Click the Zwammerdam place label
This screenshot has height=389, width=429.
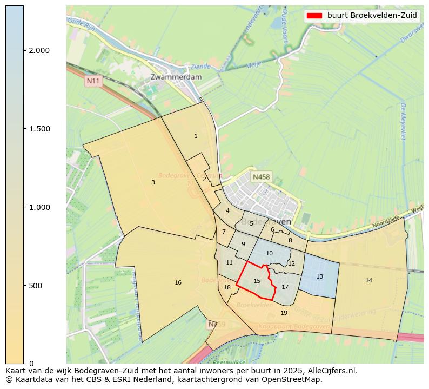pos(176,77)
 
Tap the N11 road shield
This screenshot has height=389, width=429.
pos(93,81)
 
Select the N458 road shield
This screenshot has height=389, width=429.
pos(261,177)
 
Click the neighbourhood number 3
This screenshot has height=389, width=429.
pos(153,182)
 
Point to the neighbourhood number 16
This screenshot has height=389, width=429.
pos(178,282)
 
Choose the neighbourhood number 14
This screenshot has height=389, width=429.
pos(368,280)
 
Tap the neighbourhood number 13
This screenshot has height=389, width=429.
pos(319,276)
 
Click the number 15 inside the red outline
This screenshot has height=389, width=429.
pos(257,281)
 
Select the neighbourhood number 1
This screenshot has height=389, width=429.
pos(196,136)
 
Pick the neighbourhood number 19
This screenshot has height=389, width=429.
pos(284,313)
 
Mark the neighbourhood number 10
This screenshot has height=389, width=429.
pos(270,253)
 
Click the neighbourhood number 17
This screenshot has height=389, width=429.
pos(285,287)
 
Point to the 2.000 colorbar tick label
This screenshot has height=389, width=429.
pos(39,50)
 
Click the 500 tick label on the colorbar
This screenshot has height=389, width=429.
pos(35,285)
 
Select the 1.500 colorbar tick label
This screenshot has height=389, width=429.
pos(39,129)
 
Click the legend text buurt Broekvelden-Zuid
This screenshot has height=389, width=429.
pos(372,16)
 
